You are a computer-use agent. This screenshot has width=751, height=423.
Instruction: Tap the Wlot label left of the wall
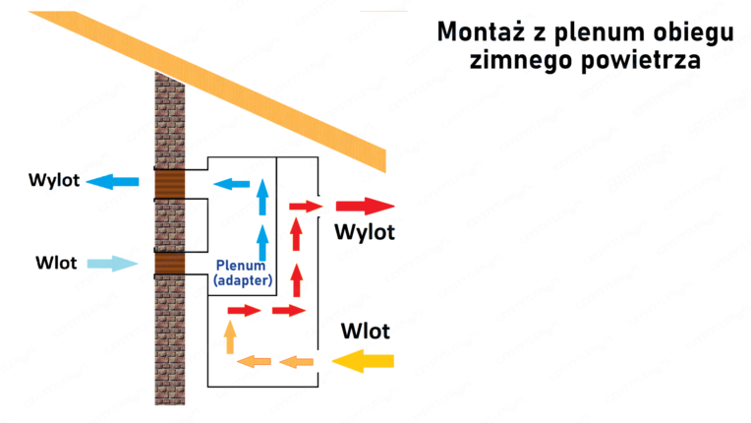(56, 263)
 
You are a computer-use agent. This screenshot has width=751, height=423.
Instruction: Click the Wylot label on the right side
(364, 232)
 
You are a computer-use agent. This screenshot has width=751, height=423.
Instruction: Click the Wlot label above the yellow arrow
(365, 331)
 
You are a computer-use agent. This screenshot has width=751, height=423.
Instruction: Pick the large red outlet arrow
(364, 206)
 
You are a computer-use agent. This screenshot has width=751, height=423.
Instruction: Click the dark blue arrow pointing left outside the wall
(113, 181)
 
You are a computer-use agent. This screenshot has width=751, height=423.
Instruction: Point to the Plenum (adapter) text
(242, 273)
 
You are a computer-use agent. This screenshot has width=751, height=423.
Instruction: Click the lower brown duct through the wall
(169, 264)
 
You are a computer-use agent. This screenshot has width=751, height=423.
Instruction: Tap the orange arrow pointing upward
(230, 337)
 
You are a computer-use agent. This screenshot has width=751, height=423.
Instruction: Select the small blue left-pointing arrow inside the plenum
(232, 183)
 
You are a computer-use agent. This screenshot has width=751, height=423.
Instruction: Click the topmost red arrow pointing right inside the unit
(306, 206)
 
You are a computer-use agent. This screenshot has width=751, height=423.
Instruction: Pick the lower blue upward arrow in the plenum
(262, 240)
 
